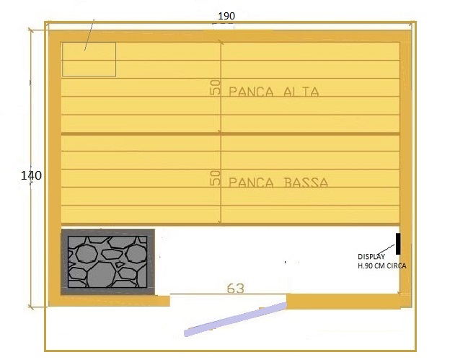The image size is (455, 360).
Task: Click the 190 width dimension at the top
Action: click(x=226, y=16)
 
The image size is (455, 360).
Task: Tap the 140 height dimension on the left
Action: click(x=31, y=175)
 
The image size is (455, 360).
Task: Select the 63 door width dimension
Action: click(x=236, y=289)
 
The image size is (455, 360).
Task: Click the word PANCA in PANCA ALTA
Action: click(x=251, y=92)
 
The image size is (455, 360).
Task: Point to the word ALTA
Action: click(x=301, y=92)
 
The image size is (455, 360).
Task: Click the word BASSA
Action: click(x=306, y=183)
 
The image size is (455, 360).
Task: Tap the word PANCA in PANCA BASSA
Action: click(x=251, y=183)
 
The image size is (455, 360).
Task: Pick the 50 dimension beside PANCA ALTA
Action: click(x=215, y=87)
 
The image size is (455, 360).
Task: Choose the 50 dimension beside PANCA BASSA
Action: click(x=215, y=178)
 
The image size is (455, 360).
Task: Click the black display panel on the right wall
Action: click(x=398, y=244)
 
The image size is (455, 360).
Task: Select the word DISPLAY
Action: click(x=371, y=257)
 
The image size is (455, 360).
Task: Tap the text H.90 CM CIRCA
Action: click(x=382, y=265)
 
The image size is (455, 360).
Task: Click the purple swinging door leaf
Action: click(x=236, y=320)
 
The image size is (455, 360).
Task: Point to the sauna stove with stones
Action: click(x=107, y=262)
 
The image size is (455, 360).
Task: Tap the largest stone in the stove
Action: click(x=101, y=275)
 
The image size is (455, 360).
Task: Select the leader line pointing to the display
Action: click(x=385, y=250)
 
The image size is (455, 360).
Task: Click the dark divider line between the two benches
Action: click(x=231, y=134)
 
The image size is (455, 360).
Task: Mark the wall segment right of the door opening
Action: click(x=343, y=301)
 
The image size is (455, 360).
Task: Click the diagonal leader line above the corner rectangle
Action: click(x=89, y=35)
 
